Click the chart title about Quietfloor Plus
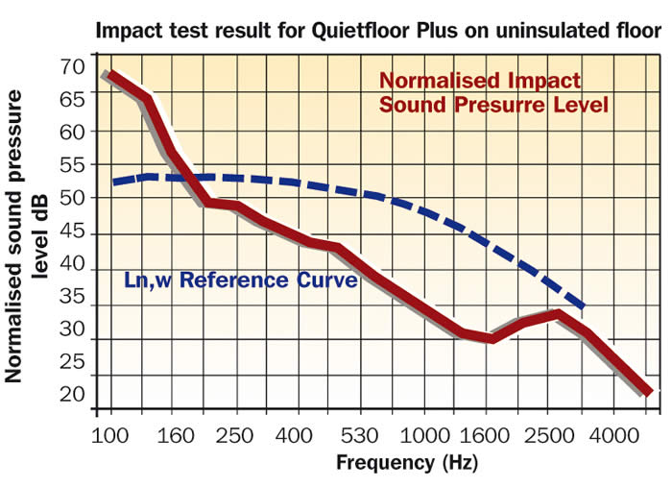(x=378, y=30)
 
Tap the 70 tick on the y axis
(x=72, y=67)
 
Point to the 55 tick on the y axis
(x=72, y=164)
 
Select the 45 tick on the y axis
(x=72, y=233)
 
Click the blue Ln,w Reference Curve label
(x=241, y=281)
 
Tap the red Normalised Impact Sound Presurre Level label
(x=493, y=92)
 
